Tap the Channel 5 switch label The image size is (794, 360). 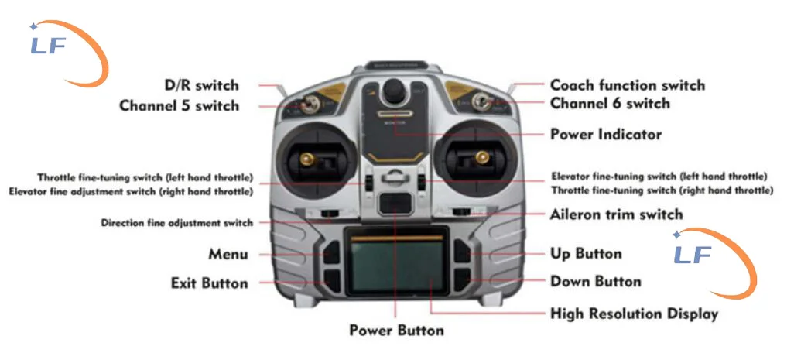[179, 105]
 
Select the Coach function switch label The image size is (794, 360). [627, 85]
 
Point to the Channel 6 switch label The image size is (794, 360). [610, 103]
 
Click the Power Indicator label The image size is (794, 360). [606, 135]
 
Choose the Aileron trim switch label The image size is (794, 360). [616, 214]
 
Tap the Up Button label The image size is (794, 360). [585, 254]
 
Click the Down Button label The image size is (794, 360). [595, 281]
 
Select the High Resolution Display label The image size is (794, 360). [634, 314]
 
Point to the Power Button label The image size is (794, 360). [396, 331]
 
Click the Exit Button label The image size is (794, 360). [209, 283]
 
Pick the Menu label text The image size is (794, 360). [228, 255]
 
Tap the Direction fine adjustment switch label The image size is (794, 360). [176, 223]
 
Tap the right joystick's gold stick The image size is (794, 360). [482, 159]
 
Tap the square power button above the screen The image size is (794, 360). [395, 203]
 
